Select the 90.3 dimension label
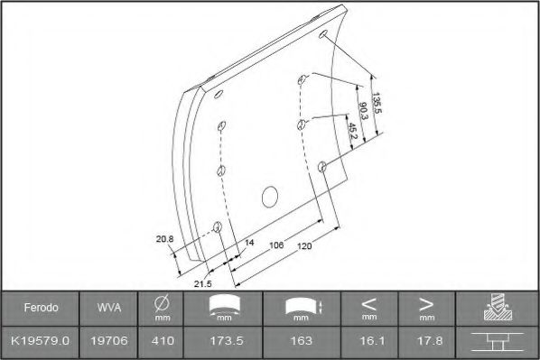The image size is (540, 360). [x=362, y=111]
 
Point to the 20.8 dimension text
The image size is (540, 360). [x=163, y=239]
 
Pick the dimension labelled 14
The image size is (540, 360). [x=250, y=244]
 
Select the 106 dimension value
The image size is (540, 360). [x=277, y=245]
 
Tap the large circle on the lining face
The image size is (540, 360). [x=270, y=195]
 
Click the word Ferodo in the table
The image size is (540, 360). [x=41, y=308]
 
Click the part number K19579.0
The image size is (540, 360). [x=41, y=341]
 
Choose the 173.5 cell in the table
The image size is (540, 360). [x=223, y=341]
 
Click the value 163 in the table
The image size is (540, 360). [x=302, y=341]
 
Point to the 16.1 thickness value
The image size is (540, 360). [x=368, y=341]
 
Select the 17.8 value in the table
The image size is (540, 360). [x=425, y=341]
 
